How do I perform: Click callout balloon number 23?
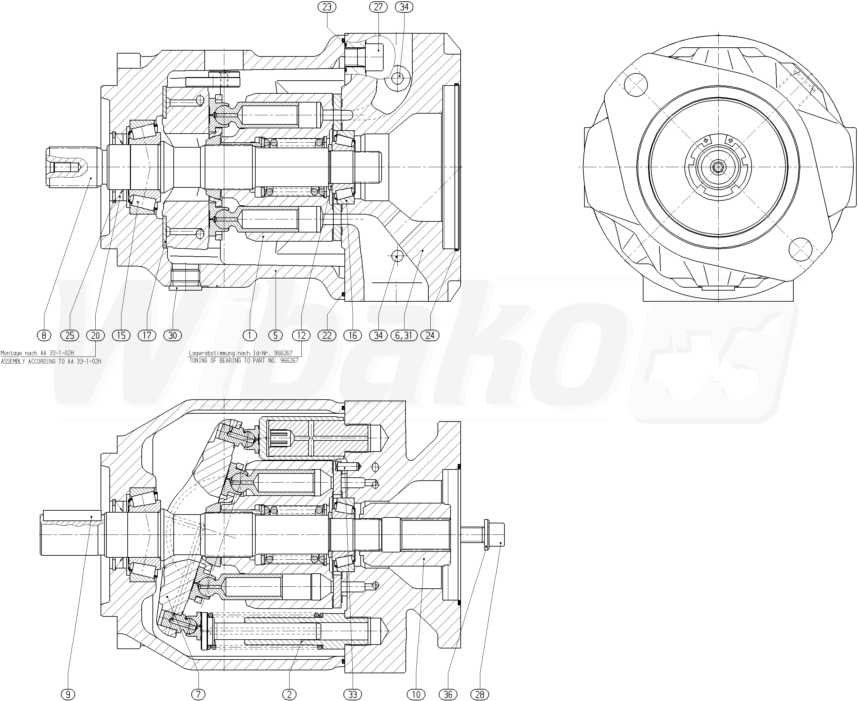pos(326,7)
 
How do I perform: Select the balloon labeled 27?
pos(378,7)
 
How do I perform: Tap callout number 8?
pos(44,335)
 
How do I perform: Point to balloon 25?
pos(70,335)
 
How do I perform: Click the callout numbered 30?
pos(173,335)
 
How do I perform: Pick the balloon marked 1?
pos(250,335)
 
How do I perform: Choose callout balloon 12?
pos(301,335)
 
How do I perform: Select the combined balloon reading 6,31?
pos(404,335)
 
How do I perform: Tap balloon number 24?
pos(430,335)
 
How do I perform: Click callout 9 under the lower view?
pos(68,694)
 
